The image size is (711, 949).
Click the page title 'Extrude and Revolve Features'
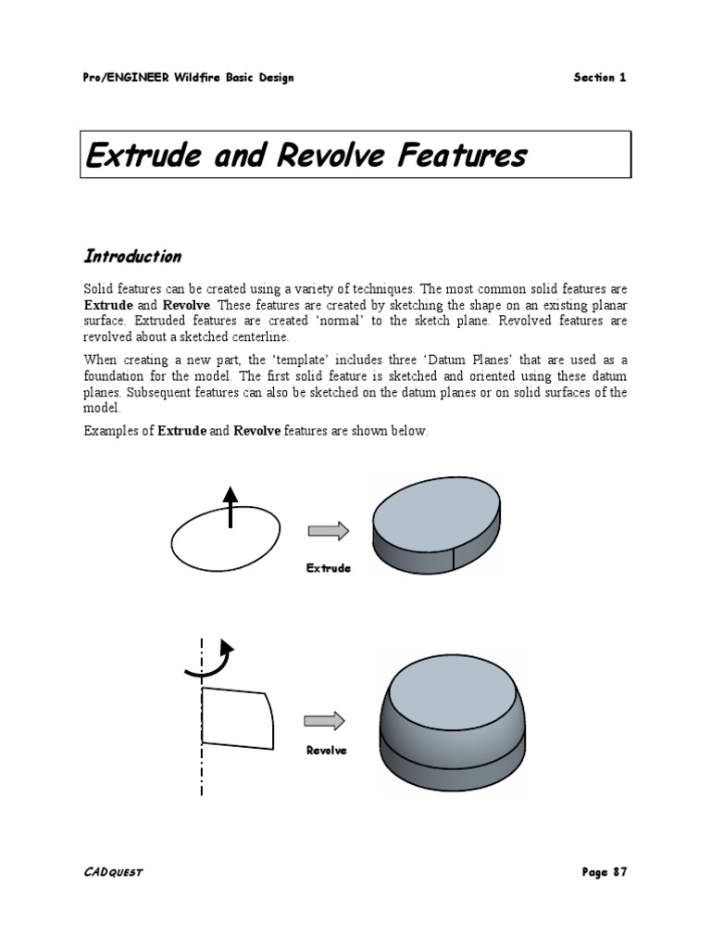[306, 155]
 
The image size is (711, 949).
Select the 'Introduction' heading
[132, 256]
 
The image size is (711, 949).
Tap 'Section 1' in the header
[599, 78]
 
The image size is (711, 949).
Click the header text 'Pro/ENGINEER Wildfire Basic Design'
[188, 78]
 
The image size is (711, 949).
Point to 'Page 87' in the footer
[604, 872]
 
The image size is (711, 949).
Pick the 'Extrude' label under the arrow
[329, 568]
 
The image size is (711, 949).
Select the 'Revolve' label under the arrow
[327, 751]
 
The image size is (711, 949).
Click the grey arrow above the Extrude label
[328, 531]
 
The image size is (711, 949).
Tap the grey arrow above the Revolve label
[324, 721]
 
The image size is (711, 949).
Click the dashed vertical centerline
[202, 769]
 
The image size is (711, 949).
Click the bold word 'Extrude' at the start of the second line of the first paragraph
[108, 305]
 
